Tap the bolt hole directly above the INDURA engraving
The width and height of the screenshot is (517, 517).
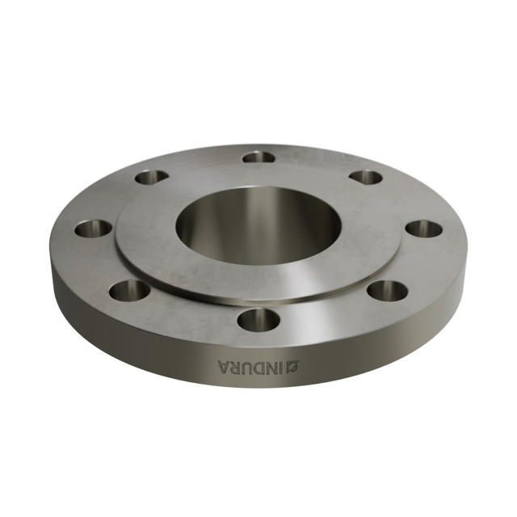click(258, 320)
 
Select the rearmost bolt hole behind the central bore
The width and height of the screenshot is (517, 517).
click(258, 157)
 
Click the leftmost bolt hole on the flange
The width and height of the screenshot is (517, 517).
click(93, 228)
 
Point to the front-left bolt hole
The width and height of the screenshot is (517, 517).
click(129, 289)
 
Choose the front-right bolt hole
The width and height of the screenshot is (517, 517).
click(389, 290)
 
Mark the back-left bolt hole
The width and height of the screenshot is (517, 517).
click(151, 177)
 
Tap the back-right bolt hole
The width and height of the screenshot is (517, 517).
click(366, 177)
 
